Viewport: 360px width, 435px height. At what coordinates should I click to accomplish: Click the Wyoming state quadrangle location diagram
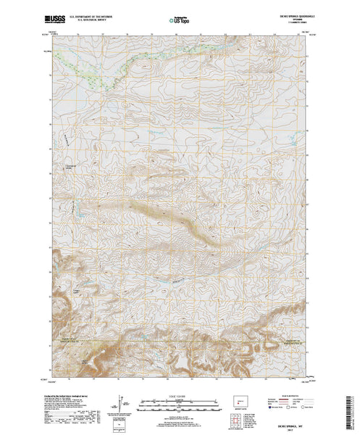point(240,400)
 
